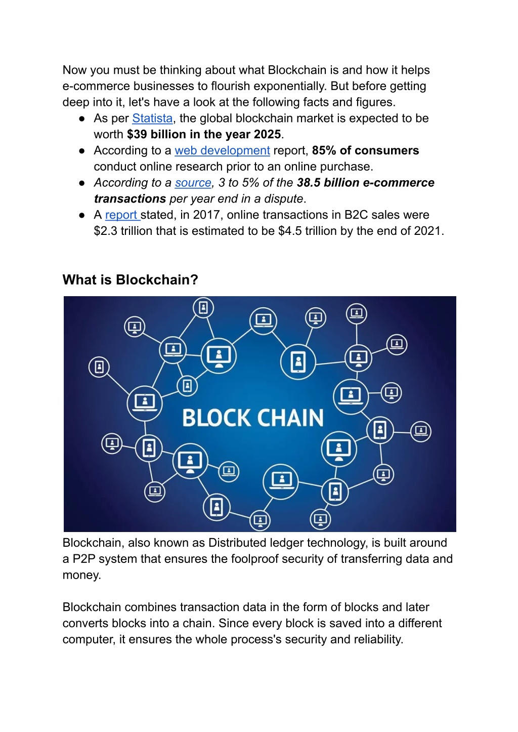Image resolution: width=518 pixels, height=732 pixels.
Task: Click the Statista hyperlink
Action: click(152, 118)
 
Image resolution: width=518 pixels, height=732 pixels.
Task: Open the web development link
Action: click(222, 150)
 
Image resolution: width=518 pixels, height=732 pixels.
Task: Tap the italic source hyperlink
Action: click(193, 183)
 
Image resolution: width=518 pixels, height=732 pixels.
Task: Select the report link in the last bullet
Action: click(122, 215)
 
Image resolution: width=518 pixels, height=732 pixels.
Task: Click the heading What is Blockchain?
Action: click(131, 280)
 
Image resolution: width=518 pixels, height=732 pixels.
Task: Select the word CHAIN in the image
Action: click(290, 418)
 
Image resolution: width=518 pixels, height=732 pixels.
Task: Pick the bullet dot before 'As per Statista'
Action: click(82, 118)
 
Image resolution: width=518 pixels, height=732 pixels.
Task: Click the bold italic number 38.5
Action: click(309, 183)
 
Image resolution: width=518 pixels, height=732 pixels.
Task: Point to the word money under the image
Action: click(81, 575)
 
